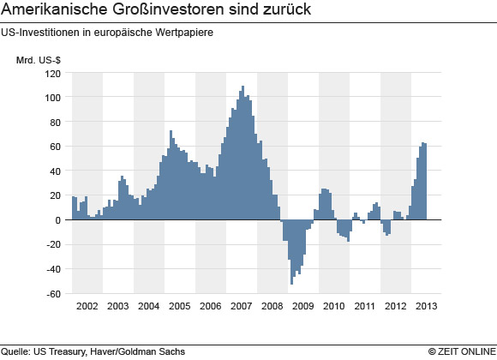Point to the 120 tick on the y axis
[53, 73]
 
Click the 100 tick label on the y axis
[53, 98]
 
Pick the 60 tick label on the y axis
[56, 147]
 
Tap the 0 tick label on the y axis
[59, 220]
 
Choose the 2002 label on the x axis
[87, 306]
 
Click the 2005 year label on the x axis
[179, 306]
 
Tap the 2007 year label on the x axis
[242, 306]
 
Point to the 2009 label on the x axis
[303, 306]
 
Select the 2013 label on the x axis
[426, 306]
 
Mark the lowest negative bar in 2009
[291, 283]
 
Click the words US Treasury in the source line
[60, 351]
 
